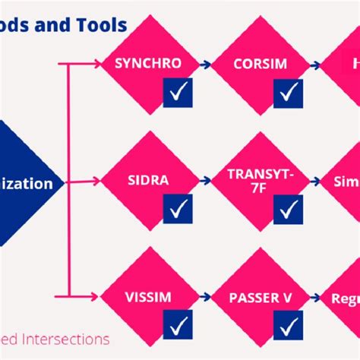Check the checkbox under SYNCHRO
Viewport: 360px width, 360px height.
(178, 93)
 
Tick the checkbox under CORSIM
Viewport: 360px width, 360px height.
(288, 93)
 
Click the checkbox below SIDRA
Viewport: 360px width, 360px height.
(178, 209)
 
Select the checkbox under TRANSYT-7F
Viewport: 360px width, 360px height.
(288, 209)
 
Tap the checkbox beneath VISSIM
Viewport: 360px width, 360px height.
(178, 326)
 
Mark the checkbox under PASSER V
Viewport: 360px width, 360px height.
(288, 326)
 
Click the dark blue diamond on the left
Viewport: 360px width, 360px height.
(27, 183)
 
